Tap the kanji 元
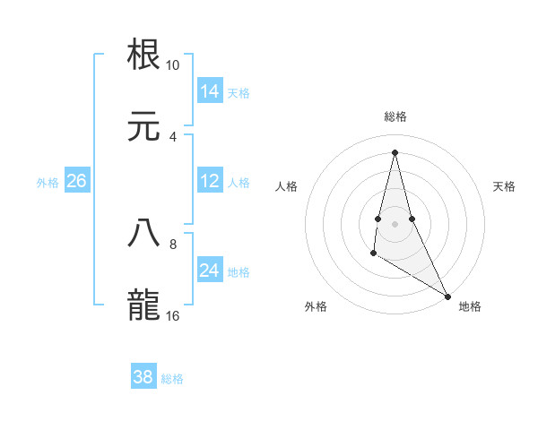point(144,125)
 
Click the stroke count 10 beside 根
point(173,65)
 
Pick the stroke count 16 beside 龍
point(173,316)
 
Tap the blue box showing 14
point(210,91)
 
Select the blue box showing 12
point(210,181)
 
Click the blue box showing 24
point(210,271)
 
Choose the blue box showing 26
point(76,181)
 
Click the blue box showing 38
point(143,377)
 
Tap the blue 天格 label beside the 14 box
point(239,93)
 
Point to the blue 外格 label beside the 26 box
point(48,183)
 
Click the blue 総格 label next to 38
point(172,379)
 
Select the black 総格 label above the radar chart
point(395,116)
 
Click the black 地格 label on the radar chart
point(470,306)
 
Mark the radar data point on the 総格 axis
point(395,150)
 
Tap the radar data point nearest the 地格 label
point(447,295)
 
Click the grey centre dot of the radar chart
point(395,222)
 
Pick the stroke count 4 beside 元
point(173,137)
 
